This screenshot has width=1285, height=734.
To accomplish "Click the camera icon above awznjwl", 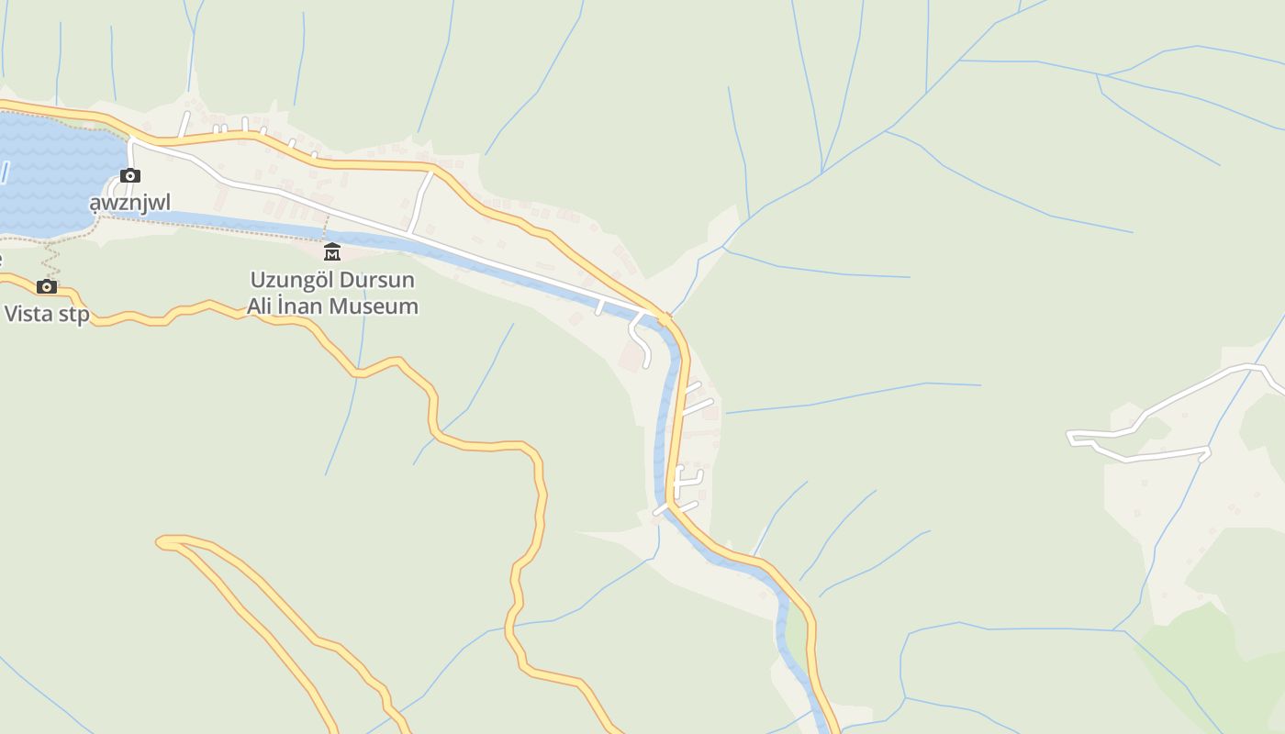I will [x=130, y=175].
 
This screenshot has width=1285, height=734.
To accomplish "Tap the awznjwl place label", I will [x=129, y=202].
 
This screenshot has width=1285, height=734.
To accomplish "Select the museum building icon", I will [x=332, y=251].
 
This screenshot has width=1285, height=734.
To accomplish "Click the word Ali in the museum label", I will [x=262, y=306].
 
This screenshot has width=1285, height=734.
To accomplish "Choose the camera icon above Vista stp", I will [x=47, y=287].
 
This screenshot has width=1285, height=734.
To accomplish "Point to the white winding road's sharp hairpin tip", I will [x=1072, y=438].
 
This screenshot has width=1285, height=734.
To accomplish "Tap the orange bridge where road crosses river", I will [x=664, y=318].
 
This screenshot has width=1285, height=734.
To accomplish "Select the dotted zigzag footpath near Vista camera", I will [x=50, y=260].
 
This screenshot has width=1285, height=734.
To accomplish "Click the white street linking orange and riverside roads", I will [x=421, y=203].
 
